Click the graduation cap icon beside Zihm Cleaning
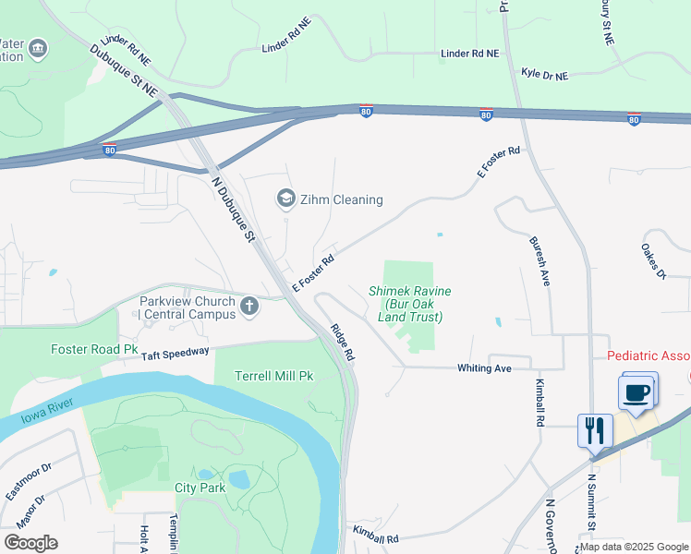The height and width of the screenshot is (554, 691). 286,199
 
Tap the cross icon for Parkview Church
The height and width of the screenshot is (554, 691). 249,307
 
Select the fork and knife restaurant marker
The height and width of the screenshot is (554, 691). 596,430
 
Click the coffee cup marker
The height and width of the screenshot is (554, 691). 636,392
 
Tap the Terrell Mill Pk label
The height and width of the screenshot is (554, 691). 273,377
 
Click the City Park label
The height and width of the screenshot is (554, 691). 200,488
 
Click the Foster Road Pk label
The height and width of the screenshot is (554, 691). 93,350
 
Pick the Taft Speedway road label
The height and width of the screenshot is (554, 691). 176,352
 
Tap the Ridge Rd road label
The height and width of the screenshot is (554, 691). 342,342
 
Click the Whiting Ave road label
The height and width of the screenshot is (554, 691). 484,368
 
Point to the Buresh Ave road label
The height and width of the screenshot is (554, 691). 539,261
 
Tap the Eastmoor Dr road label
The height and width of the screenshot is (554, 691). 29,481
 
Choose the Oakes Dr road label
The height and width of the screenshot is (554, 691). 653,261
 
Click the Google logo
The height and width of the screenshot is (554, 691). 30,543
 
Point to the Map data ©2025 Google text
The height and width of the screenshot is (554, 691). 634,547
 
